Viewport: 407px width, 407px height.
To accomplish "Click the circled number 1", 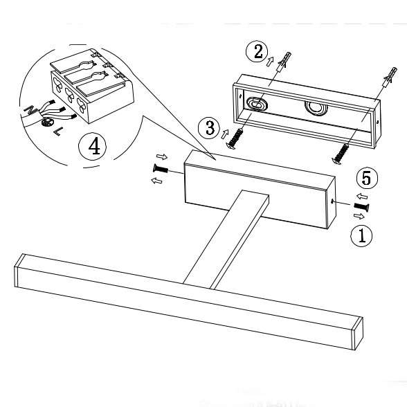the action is click(x=361, y=235).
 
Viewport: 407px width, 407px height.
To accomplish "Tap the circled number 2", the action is click(x=257, y=51).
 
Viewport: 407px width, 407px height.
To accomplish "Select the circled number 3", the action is click(x=209, y=128).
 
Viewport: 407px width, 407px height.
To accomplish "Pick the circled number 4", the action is click(x=93, y=146).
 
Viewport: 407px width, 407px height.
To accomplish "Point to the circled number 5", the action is click(x=368, y=179).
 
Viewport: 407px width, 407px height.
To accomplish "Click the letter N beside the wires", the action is click(x=29, y=109).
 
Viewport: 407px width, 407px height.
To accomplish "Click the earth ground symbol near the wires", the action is click(x=47, y=122).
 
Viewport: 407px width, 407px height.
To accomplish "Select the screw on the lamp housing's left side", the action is click(x=161, y=169).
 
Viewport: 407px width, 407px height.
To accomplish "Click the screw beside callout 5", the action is click(x=361, y=206).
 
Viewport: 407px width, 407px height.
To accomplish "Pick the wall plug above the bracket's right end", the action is click(x=390, y=77).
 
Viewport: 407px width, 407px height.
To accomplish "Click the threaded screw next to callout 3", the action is click(x=235, y=139).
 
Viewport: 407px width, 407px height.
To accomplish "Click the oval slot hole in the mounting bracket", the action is click(x=255, y=104).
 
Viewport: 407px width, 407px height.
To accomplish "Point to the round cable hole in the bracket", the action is click(x=316, y=108).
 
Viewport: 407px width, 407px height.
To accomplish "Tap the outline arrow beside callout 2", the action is click(x=270, y=62).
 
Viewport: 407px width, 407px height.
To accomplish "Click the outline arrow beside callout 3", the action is click(x=225, y=134).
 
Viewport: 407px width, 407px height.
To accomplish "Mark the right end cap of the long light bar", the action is click(x=357, y=334).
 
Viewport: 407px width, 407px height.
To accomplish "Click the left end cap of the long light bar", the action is click(x=19, y=271).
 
